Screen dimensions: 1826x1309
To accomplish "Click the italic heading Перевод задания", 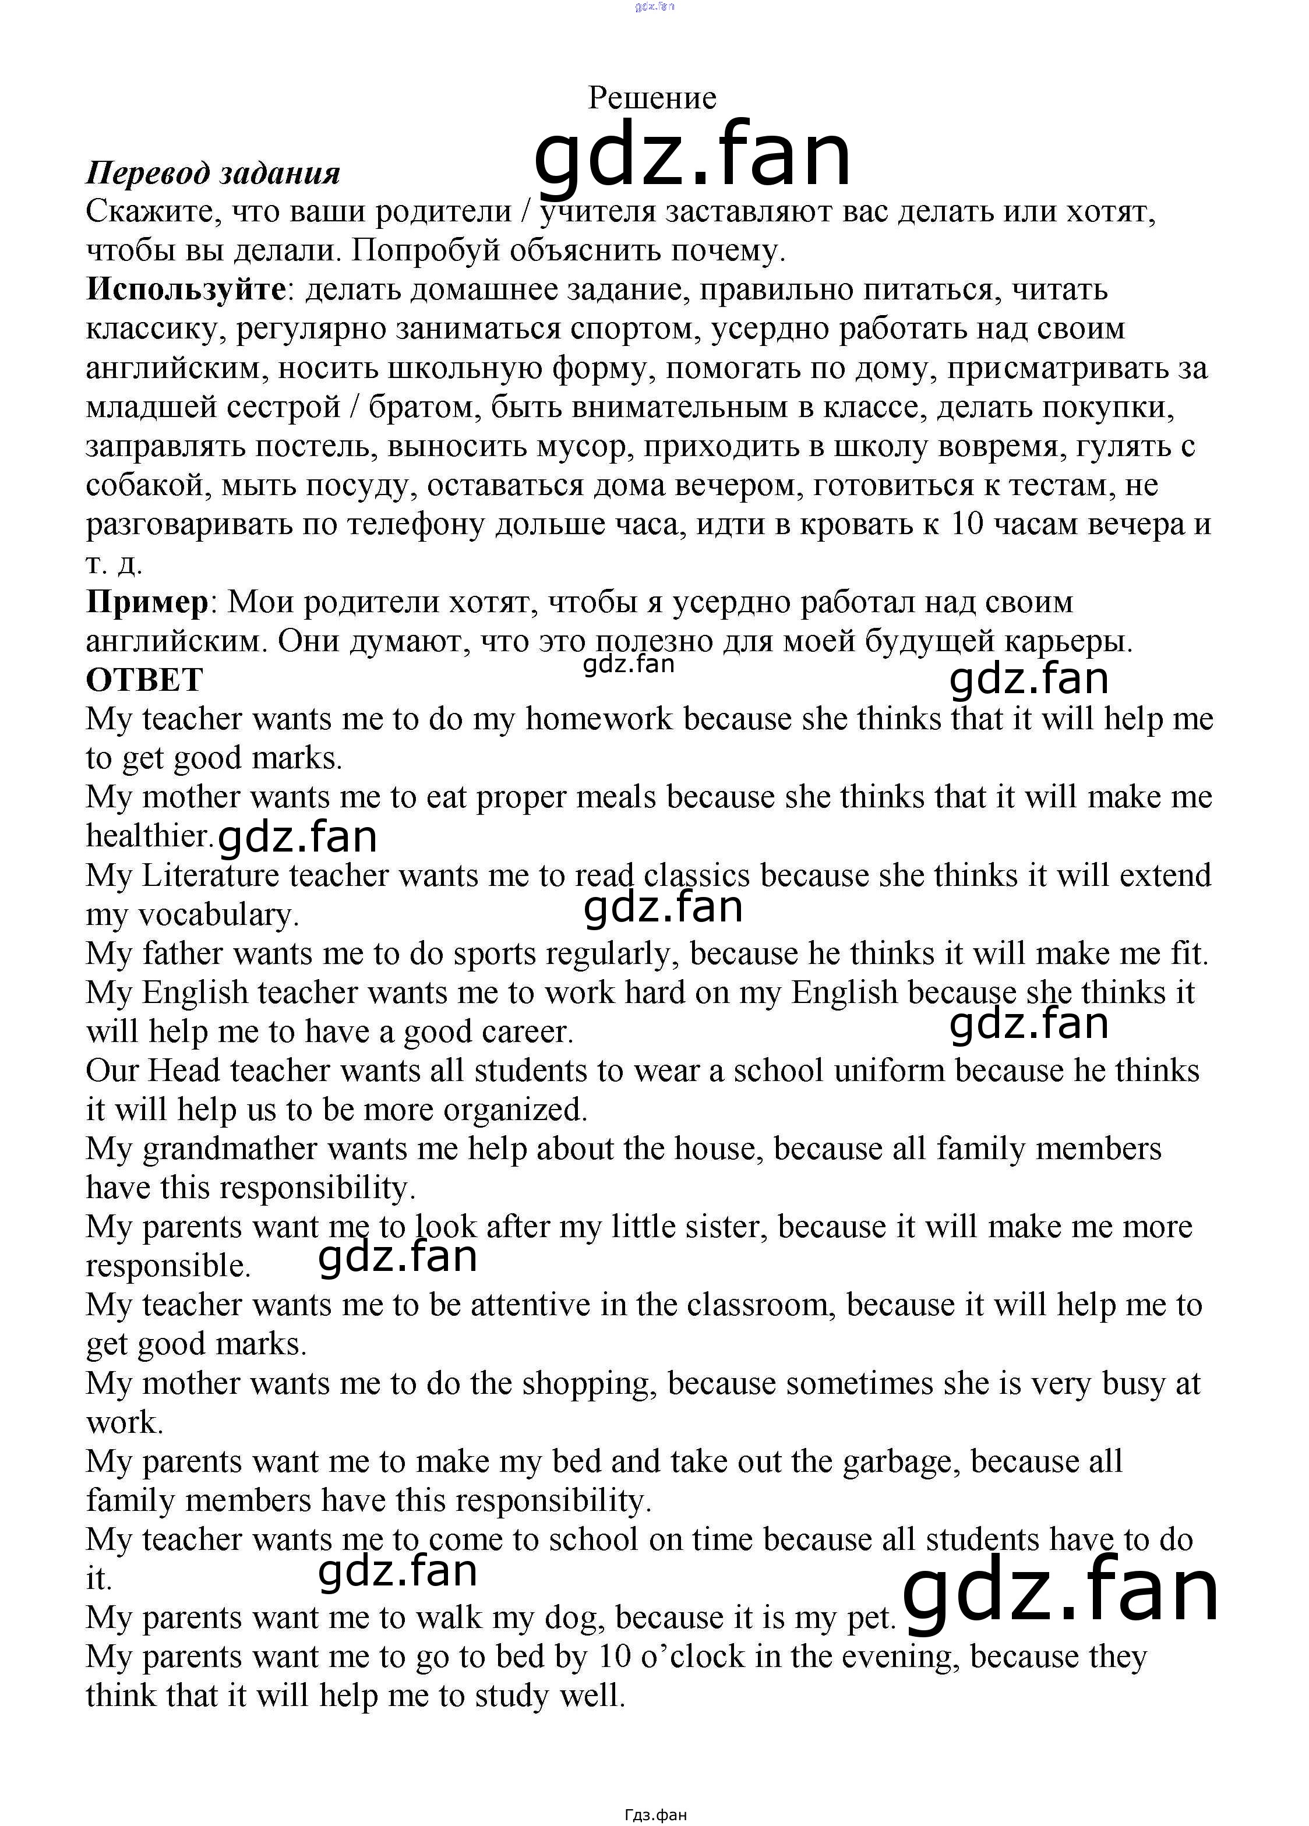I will tap(213, 173).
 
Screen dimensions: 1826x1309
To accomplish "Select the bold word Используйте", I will tap(185, 289).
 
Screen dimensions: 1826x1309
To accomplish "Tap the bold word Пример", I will tap(147, 602).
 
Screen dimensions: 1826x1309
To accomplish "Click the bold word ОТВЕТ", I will tap(144, 680).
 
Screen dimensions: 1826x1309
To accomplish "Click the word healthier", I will tap(150, 836).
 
